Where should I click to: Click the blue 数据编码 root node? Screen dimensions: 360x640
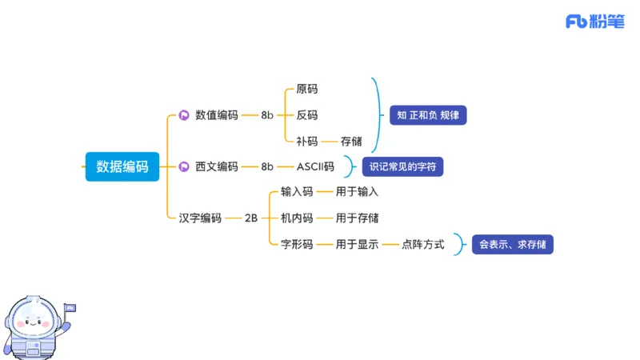[x=122, y=166]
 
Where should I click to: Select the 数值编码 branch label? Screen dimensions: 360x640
[x=217, y=115]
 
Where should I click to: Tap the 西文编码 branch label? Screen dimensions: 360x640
[x=217, y=166]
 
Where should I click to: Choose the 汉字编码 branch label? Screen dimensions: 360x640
[x=200, y=218]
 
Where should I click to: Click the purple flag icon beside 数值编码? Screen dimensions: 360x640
[x=183, y=115]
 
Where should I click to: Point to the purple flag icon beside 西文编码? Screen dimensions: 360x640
[x=183, y=166]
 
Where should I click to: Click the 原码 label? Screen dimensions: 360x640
[x=306, y=89]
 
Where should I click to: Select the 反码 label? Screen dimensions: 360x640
[x=306, y=115]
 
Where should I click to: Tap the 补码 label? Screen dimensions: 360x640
[x=306, y=142]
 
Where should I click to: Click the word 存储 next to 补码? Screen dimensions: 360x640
[x=351, y=142]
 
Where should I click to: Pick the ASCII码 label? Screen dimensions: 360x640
[x=315, y=166]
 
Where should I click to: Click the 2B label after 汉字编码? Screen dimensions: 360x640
[x=251, y=218]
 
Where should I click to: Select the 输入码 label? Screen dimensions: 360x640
[x=297, y=192]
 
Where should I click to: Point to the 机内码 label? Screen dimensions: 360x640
[x=297, y=218]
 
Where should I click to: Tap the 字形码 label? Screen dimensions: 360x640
[x=297, y=244]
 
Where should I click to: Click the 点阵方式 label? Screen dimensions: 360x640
[x=423, y=244]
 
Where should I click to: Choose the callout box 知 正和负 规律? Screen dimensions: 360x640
[x=428, y=115]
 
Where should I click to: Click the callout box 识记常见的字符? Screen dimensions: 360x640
[x=402, y=166]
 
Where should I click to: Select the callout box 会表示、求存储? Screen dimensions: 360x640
[x=513, y=244]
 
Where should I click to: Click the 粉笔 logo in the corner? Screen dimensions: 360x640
[x=595, y=22]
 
